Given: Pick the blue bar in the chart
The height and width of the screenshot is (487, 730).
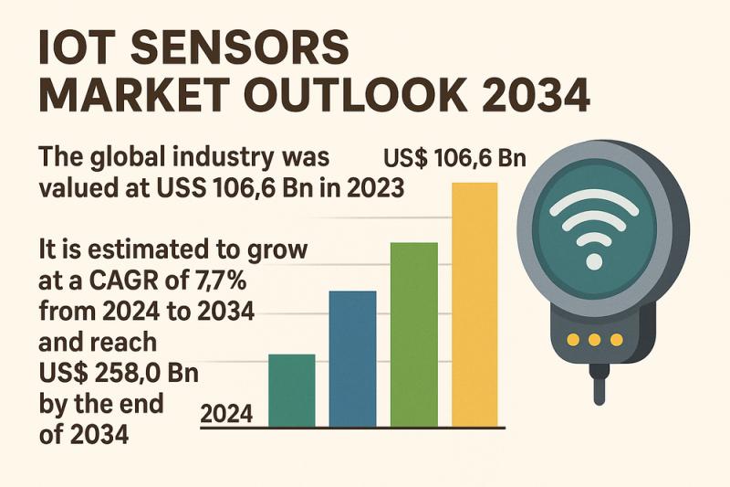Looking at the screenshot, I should pos(352,358).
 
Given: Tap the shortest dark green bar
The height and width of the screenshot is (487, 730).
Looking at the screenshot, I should pos(292,390).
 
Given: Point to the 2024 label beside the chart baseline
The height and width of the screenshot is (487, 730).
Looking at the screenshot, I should pos(226,414).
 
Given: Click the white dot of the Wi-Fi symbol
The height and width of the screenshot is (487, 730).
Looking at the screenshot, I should pos(593,261).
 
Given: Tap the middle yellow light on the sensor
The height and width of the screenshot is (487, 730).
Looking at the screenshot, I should pos(595,340).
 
